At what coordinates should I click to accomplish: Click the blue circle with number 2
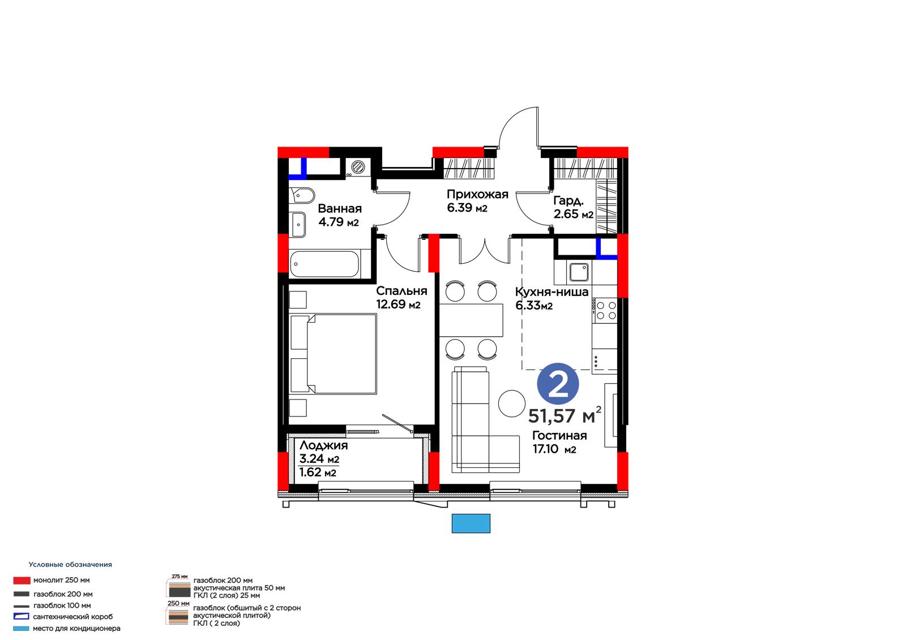pos(558,384)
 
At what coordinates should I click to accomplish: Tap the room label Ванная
pos(340,209)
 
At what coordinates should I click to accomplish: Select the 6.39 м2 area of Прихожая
pos(467,208)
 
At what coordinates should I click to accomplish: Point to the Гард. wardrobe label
pos(569,201)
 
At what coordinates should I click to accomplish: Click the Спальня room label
pos(401,291)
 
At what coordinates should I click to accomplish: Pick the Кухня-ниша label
pos(552,292)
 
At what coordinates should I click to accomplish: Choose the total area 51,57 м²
pos(565,416)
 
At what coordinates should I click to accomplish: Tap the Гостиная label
pos(559,435)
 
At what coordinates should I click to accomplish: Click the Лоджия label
pos(323,445)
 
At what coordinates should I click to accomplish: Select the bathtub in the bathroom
pos(324,264)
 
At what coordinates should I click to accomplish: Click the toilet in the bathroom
pos(302,196)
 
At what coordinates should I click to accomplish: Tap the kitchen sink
pos(579,272)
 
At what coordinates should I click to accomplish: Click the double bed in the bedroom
pos(334,354)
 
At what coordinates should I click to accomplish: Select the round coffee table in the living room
pos(512,403)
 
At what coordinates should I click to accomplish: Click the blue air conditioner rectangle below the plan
pos(471,523)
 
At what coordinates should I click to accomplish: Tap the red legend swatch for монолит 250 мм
pos(22,581)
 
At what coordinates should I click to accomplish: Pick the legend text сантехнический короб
pos(73,617)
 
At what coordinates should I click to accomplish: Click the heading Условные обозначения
pos(70,564)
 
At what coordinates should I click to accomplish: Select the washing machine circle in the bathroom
pos(358,166)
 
